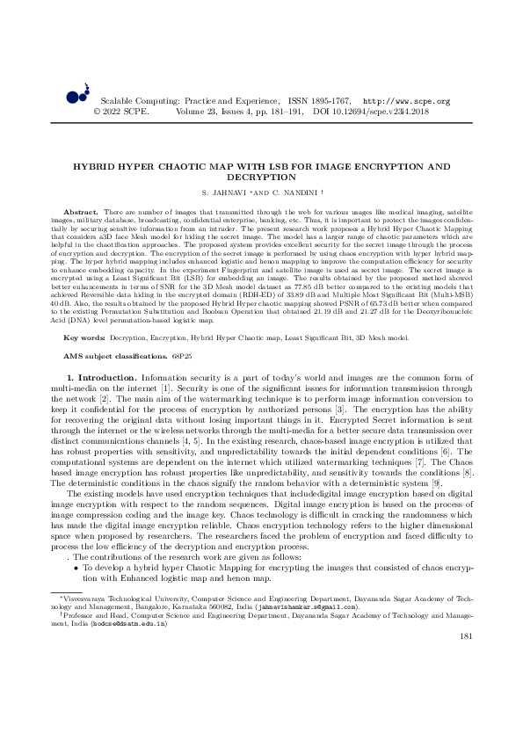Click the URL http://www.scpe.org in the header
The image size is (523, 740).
(406, 102)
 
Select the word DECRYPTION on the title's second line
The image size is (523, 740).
(261, 177)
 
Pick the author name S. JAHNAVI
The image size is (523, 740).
(222, 192)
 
